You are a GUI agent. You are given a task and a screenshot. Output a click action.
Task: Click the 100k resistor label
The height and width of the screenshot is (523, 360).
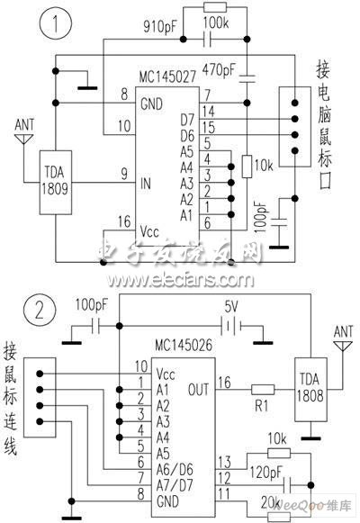pyautogui.click(x=214, y=19)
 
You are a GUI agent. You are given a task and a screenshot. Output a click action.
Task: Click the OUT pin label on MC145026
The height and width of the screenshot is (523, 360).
pyautogui.click(x=198, y=390)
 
